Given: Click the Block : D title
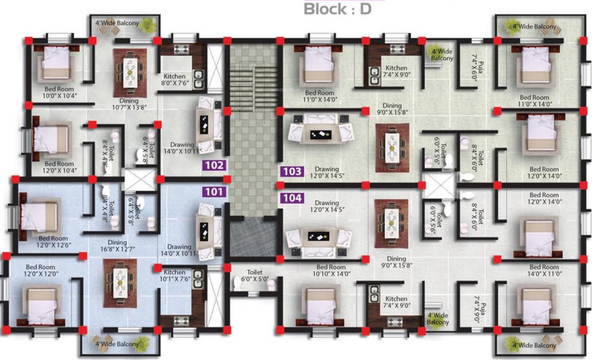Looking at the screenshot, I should click(337, 9).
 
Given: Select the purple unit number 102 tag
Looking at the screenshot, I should click(215, 165).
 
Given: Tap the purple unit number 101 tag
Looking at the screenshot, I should click(215, 191).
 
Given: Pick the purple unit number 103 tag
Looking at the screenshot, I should click(292, 172).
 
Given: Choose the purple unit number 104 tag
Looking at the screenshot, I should click(292, 198).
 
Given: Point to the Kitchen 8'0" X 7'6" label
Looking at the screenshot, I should click(174, 80).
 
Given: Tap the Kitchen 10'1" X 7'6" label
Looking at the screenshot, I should click(174, 276).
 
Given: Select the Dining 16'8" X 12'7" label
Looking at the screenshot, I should click(117, 246).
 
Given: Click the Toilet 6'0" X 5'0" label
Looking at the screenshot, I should click(256, 276).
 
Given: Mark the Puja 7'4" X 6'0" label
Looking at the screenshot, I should click(474, 67).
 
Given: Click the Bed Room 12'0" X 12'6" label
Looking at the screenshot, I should click(53, 242).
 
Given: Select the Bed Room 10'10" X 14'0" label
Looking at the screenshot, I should click(331, 270).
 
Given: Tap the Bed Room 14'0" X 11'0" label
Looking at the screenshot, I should click(544, 270).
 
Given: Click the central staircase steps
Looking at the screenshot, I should click(252, 87).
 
